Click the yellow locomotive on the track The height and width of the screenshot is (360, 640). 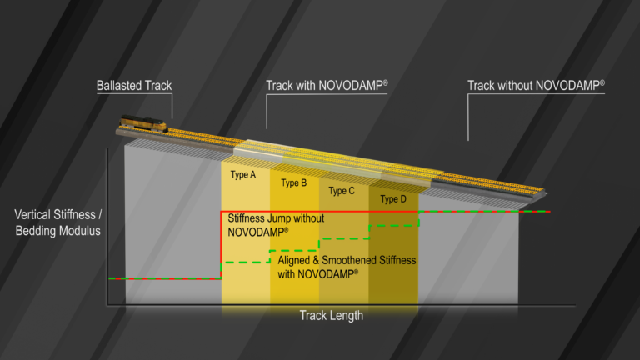tap(143, 125)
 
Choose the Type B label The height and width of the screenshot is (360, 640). tap(294, 182)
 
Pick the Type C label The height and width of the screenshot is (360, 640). tap(342, 191)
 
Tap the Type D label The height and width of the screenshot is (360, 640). tap(394, 199)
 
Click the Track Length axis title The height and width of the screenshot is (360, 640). tap(332, 316)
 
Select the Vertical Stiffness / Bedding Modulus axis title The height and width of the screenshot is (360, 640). tap(57, 222)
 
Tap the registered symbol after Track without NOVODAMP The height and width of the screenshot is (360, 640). tap(602, 82)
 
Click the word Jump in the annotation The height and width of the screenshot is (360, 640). tap(281, 218)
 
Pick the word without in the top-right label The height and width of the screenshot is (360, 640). tap(516, 85)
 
